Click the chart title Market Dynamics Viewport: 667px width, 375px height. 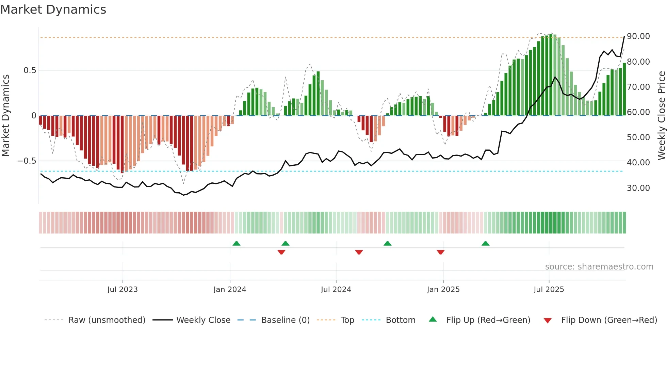coord(53,10)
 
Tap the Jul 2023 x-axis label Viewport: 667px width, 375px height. coord(123,290)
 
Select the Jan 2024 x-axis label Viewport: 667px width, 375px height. coord(230,290)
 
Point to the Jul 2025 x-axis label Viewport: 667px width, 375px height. coord(549,290)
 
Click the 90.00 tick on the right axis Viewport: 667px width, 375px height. coord(638,36)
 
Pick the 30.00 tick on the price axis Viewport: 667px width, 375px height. coord(638,188)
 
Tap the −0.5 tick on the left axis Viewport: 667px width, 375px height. coord(27,161)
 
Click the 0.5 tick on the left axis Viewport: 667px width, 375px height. coord(30,70)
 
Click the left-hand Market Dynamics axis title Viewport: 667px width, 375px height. coord(5,116)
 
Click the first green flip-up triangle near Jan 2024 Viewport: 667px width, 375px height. coord(237,243)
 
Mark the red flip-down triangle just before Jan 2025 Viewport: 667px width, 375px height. coord(440,252)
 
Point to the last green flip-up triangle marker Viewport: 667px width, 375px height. coord(486,243)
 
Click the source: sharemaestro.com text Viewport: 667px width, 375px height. coord(599,267)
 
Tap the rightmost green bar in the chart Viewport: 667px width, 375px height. coord(624,89)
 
